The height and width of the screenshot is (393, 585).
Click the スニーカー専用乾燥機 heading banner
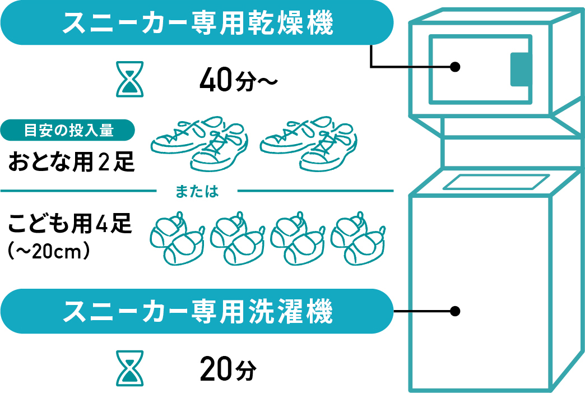[x=196, y=22]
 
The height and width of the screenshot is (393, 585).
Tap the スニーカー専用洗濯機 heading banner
[x=196, y=311]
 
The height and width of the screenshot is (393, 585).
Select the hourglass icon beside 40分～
[x=130, y=80]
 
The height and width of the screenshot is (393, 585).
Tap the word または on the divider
[x=196, y=191]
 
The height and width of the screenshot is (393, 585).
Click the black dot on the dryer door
[x=456, y=67]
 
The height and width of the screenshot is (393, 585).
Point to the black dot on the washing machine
[x=456, y=311]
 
